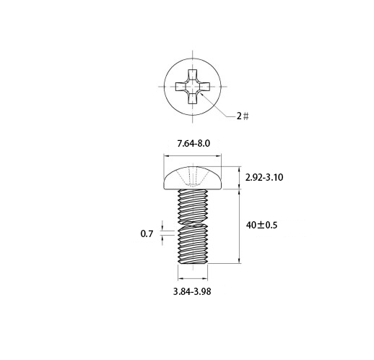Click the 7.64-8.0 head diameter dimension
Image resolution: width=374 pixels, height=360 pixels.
tap(193, 144)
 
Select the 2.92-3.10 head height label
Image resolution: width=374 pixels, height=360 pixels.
tap(264, 178)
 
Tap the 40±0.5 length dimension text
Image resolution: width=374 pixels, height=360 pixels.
tap(261, 226)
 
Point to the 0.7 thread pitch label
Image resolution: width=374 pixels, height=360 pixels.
tap(147, 233)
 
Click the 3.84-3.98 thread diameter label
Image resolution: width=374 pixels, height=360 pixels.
tap(192, 291)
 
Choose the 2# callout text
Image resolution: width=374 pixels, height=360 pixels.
tap(243, 116)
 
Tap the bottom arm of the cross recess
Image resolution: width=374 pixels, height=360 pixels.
tap(193, 98)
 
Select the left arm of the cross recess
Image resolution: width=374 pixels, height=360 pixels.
tap(181, 87)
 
